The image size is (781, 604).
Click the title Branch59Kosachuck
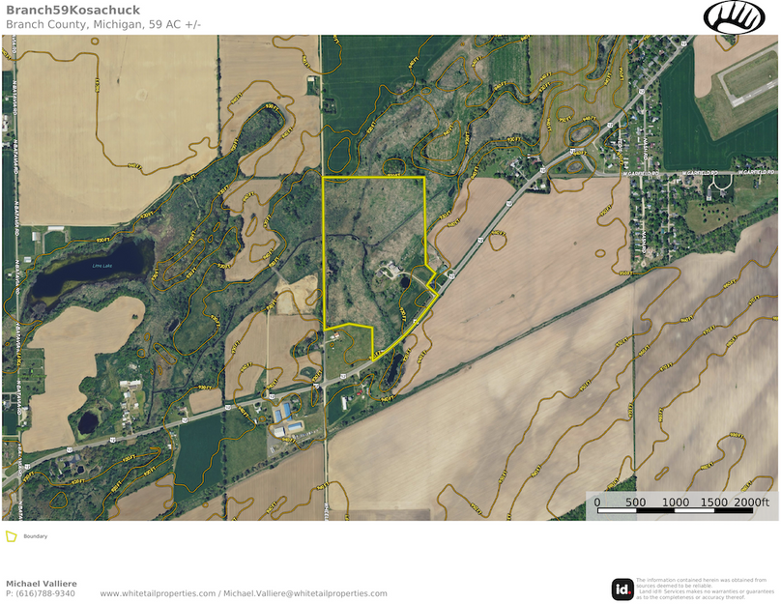coord(73,11)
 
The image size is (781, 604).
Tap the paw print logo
coord(734,16)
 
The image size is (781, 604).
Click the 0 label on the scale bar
coord(596,503)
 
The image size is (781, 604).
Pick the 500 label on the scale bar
coord(636,503)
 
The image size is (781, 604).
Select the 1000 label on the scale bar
coord(676,503)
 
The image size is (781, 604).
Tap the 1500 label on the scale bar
coord(715,503)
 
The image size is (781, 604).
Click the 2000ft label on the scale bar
coord(753,503)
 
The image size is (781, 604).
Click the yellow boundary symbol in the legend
coord(12,536)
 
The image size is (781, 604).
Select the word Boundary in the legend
coord(36,536)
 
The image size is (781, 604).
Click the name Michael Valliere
coord(42,584)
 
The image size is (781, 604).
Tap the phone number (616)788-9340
coord(41,593)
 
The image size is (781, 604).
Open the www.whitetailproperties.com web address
coord(158,593)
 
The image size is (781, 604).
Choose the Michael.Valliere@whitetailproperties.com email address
coord(305,593)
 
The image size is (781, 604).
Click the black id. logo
coord(622,588)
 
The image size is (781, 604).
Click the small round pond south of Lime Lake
coord(88,422)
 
